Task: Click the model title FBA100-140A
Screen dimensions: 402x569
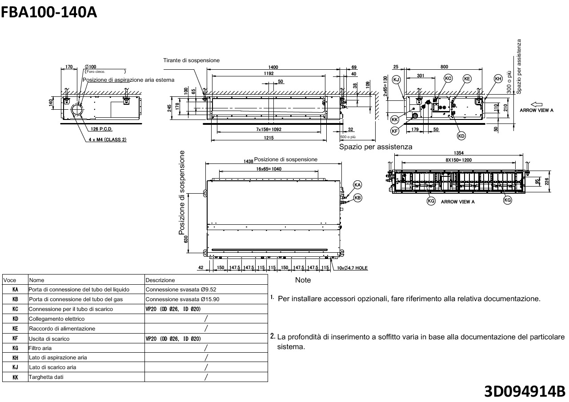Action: pos(49,12)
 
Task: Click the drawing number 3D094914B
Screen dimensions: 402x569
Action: pos(525,391)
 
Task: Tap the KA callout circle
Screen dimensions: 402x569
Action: pos(357,184)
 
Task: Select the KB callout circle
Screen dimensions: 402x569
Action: pos(357,198)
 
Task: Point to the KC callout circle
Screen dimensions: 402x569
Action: pos(448,79)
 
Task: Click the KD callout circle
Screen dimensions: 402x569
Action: pos(461,135)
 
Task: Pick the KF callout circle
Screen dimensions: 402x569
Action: pos(395,131)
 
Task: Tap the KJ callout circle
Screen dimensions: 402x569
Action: pos(397,79)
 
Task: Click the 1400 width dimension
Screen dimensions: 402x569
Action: pos(273,67)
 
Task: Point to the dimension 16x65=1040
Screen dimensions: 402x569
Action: pos(268,169)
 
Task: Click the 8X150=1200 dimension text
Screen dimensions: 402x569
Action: pos(459,160)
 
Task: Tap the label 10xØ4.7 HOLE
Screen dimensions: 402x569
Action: pos(352,268)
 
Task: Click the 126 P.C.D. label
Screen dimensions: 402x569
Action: pos(102,129)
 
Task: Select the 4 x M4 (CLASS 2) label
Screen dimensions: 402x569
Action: pos(108,139)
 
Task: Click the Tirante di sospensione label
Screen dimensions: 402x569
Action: pos(191,60)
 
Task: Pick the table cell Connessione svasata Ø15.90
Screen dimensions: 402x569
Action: pos(182,299)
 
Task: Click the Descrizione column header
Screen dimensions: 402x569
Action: pos(160,280)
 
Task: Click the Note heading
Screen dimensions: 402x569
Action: pos(303,280)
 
